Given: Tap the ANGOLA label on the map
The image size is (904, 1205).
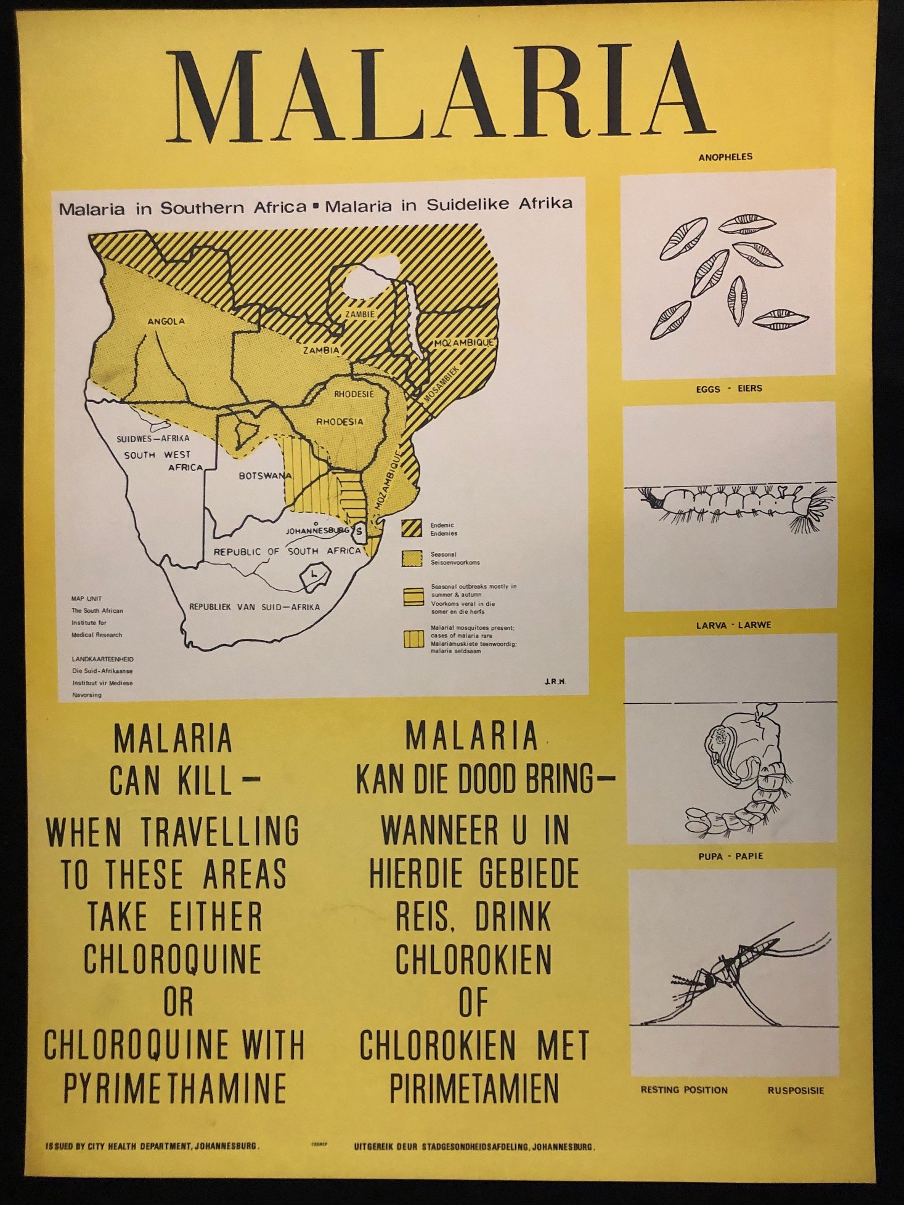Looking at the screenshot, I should (x=166, y=321).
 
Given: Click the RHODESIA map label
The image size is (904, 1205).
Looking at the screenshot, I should (x=340, y=422).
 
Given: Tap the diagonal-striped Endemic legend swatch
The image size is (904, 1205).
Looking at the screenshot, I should (x=412, y=528).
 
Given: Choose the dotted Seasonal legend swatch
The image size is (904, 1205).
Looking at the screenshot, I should (x=412, y=558).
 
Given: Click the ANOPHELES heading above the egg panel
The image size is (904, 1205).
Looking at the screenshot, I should (x=725, y=157).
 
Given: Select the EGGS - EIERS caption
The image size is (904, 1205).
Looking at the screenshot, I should (x=729, y=389).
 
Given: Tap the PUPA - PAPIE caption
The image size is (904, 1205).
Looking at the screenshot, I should (x=730, y=856).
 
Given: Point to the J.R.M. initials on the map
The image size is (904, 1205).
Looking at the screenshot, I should (x=555, y=681).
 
